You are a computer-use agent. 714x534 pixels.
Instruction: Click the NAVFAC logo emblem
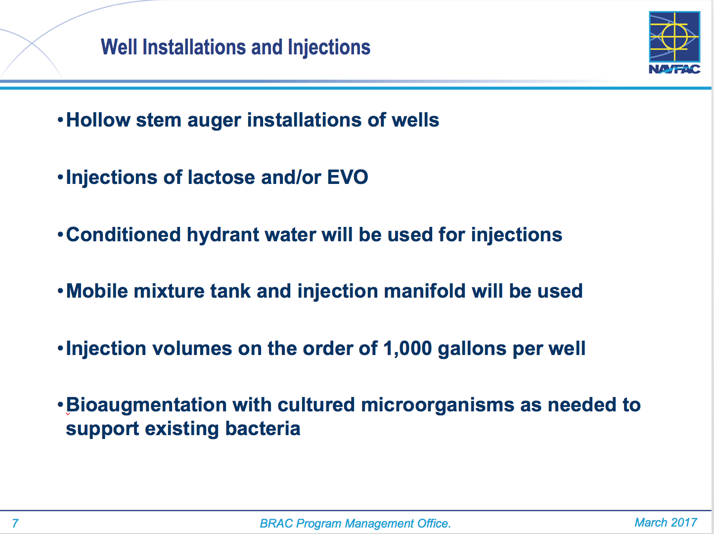tap(674, 37)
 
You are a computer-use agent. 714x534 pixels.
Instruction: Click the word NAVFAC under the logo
tap(674, 69)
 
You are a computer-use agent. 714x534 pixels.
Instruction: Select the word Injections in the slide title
tap(329, 48)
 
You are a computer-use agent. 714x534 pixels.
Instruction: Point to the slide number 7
tap(15, 523)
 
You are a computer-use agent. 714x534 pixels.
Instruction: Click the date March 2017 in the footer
tap(666, 522)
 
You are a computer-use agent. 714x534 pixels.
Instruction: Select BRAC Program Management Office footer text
tap(355, 523)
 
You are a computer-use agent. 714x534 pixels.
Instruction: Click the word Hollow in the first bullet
tap(98, 120)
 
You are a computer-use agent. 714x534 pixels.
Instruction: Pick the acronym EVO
tap(348, 177)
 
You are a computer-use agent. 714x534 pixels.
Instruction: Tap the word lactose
tap(221, 177)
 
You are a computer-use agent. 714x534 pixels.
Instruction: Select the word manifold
tap(425, 291)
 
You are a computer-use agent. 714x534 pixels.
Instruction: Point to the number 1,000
tap(407, 349)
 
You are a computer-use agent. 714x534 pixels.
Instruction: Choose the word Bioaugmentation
tap(146, 405)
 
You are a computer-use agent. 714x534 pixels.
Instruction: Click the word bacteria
tap(263, 429)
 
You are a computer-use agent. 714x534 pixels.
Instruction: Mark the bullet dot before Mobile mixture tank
tap(60, 291)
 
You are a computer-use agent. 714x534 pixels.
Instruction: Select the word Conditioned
tap(123, 235)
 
